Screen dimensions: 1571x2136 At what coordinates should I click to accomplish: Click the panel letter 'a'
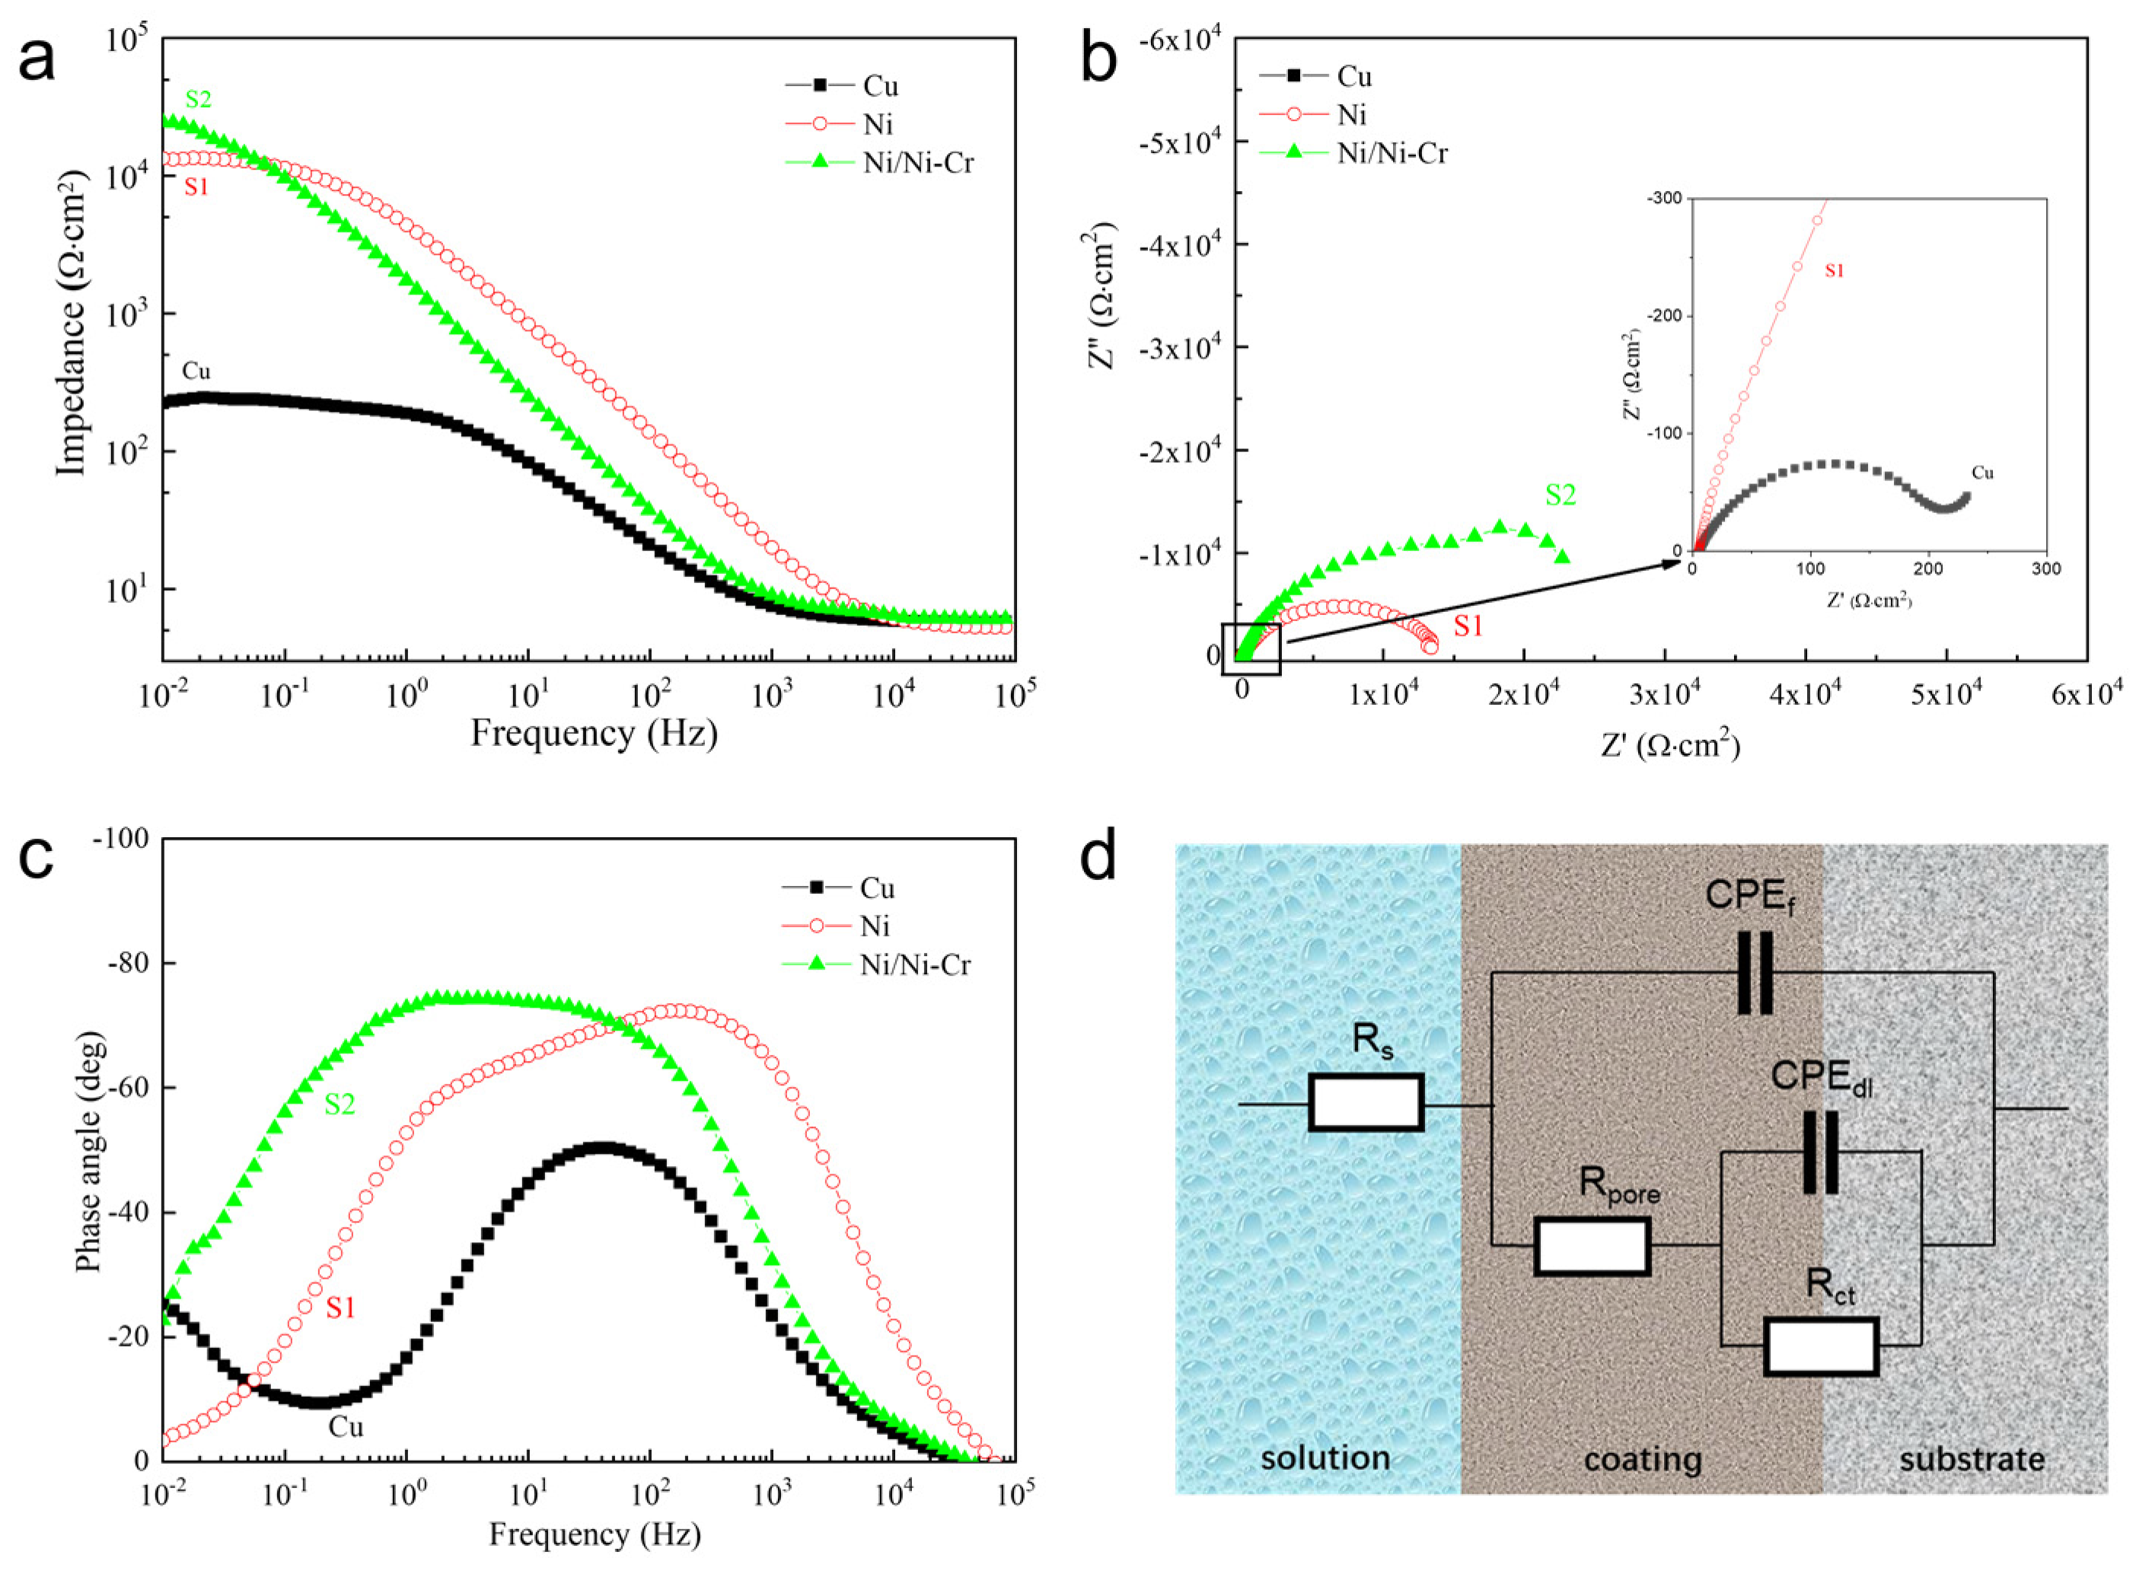pyautogui.click(x=38, y=62)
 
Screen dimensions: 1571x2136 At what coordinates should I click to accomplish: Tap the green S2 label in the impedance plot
pyautogui.click(x=198, y=99)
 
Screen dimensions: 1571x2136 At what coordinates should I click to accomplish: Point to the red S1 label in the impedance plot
pyautogui.click(x=196, y=187)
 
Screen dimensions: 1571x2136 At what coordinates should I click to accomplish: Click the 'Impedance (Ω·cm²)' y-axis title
pyautogui.click(x=72, y=323)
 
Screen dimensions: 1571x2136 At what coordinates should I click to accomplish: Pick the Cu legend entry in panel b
pyautogui.click(x=1353, y=76)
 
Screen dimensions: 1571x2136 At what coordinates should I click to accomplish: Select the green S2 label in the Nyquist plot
pyautogui.click(x=1560, y=495)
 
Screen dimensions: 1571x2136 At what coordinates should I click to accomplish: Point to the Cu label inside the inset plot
pyautogui.click(x=1982, y=473)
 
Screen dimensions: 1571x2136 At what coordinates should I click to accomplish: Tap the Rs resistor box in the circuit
pyautogui.click(x=1366, y=1103)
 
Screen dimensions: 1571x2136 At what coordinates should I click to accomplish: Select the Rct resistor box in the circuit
pyautogui.click(x=1820, y=1346)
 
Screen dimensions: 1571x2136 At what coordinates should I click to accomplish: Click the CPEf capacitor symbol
pyautogui.click(x=1755, y=973)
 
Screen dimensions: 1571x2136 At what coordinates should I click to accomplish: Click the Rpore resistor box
pyautogui.click(x=1592, y=1247)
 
